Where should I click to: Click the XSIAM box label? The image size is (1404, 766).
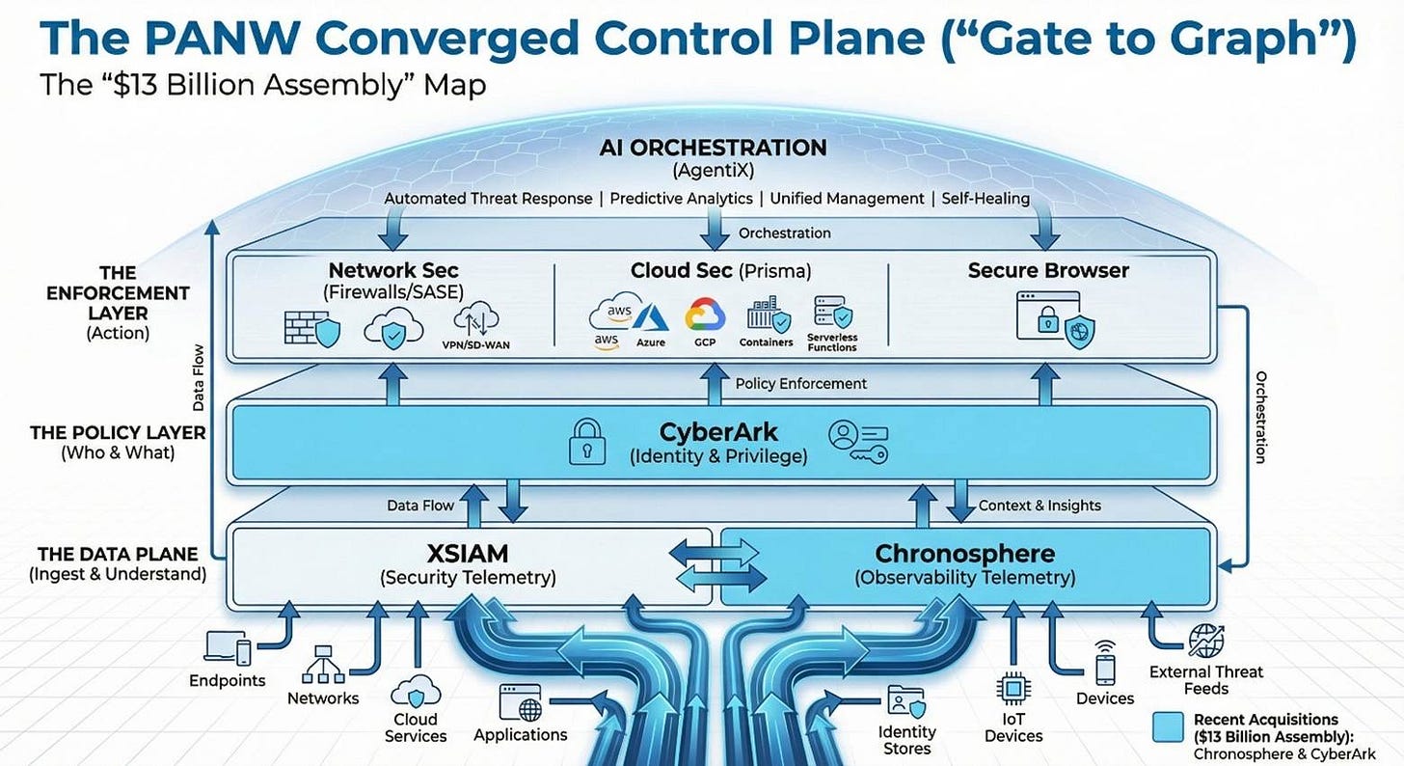pos(468,555)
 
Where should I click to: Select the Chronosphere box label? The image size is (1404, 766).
pos(964,555)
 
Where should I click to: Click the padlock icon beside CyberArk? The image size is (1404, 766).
pos(585,440)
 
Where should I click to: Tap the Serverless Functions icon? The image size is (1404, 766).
pos(832,314)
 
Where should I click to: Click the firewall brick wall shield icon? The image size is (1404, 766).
pos(311,329)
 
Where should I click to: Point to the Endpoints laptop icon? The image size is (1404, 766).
pos(229,649)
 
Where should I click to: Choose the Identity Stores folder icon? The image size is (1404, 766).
pos(905,702)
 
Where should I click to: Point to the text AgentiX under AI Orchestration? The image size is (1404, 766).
pos(714,171)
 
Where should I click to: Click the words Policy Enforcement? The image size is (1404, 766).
pos(800,384)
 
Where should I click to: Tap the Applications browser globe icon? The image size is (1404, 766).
pos(520,702)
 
